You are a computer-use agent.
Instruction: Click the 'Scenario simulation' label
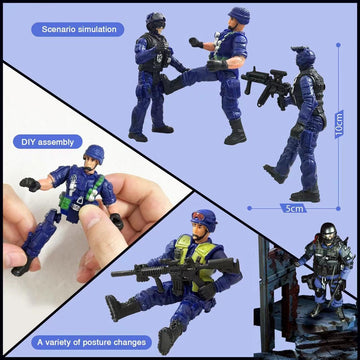(x=79, y=29)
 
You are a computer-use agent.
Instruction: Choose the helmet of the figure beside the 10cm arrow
(x=305, y=59)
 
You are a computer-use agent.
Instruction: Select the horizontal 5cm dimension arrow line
(x=290, y=206)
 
